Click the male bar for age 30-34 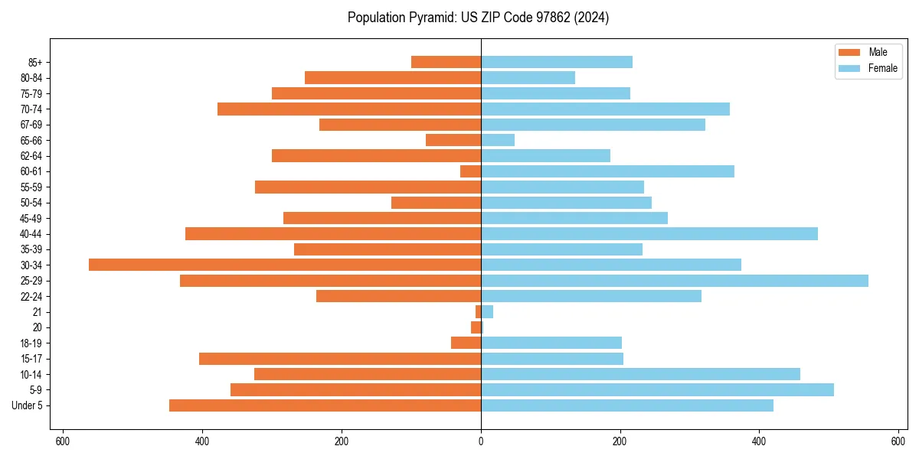285,265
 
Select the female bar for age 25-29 674,281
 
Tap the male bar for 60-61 471,171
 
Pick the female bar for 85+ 557,62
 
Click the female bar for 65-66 498,140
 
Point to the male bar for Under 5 325,405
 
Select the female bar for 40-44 649,234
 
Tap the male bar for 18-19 466,343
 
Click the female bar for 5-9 657,390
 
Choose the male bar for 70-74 349,109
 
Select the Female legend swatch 850,68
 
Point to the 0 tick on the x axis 481,441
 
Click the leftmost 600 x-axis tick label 63,441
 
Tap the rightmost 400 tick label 759,441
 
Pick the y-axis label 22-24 31,296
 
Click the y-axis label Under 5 27,405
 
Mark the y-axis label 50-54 31,203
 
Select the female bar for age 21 487,312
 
